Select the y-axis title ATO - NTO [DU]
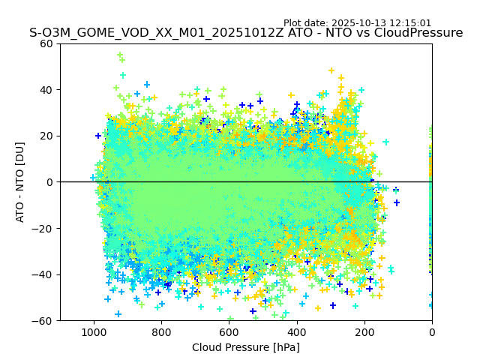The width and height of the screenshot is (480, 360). pos(20,182)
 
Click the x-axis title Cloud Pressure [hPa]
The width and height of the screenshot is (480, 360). pos(246,347)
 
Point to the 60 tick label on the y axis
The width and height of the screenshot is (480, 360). pos(46,43)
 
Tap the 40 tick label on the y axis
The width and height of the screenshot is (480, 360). pos(46,90)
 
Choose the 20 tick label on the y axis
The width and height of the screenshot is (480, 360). pos(46,136)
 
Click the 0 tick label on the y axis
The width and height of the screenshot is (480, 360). pos(49,182)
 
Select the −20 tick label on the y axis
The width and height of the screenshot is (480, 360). pos(43,228)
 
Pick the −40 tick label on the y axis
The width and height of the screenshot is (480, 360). pos(43,274)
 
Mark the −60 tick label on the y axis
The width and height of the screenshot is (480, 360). pos(43,320)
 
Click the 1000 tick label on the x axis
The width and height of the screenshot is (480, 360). pos(94,331)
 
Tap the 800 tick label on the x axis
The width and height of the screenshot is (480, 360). pos(161,331)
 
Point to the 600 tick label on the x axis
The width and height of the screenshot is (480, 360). pos(229,331)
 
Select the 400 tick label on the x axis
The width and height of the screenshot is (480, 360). pos(296,331)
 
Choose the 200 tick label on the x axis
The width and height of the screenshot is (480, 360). pos(364,331)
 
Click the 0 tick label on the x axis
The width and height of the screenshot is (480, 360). pos(432,331)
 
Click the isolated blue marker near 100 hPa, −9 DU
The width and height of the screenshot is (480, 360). pos(397,202)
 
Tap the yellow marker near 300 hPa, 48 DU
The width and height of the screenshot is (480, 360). pos(331,71)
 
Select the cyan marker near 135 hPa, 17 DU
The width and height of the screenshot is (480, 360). pos(386,142)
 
